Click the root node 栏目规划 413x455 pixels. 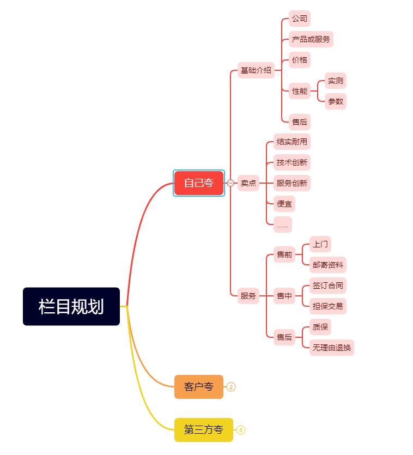click(71, 306)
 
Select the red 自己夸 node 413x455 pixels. click(199, 183)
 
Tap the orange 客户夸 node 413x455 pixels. click(199, 387)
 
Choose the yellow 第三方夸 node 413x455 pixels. click(204, 430)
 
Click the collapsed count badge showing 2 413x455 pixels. click(231, 387)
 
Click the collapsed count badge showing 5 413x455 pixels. click(241, 430)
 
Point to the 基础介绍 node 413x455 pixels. click(256, 70)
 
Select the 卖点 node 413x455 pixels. click(248, 183)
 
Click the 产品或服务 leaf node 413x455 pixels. click(311, 39)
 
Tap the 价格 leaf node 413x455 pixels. click(300, 60)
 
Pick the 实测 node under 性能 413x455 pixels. click(336, 81)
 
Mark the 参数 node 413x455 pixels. click(336, 101)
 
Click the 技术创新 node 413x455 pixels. click(292, 162)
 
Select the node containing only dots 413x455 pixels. click(283, 225)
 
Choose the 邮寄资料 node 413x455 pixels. click(328, 265)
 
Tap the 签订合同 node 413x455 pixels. click(328, 286)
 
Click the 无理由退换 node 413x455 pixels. click(332, 348)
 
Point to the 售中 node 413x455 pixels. click(284, 296)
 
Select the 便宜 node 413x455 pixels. click(284, 204)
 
